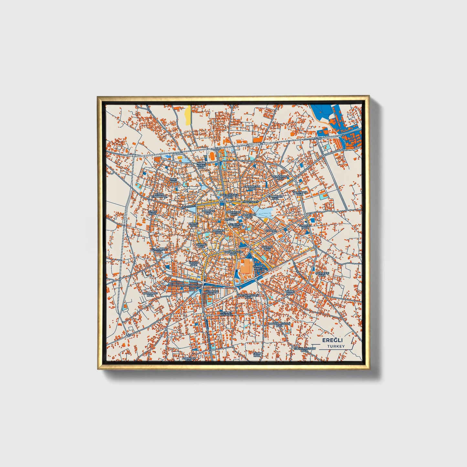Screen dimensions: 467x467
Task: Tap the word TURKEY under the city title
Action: (x=336, y=346)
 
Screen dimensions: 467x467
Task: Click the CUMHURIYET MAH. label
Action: (x=160, y=251)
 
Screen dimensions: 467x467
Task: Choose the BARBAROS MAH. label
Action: (x=150, y=294)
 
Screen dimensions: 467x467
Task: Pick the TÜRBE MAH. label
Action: (x=289, y=292)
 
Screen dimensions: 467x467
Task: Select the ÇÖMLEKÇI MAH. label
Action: (x=322, y=274)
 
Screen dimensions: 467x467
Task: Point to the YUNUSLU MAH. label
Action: (x=305, y=227)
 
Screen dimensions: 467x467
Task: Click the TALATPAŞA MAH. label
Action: (x=300, y=193)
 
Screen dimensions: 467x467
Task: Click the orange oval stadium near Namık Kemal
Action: (x=212, y=156)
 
